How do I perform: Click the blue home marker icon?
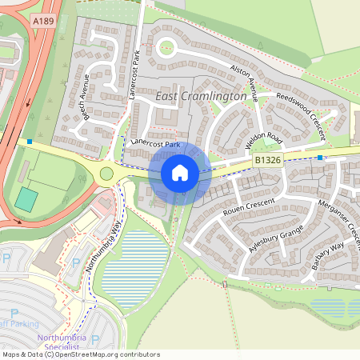180,173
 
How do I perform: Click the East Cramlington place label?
201,96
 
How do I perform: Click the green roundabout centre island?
106,174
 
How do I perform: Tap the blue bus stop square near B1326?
320,158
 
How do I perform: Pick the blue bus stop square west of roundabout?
30,142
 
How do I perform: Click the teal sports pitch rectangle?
26,199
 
